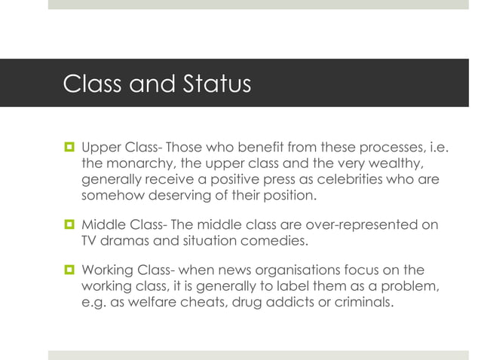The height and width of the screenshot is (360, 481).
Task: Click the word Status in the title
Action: pyautogui.click(x=213, y=84)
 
